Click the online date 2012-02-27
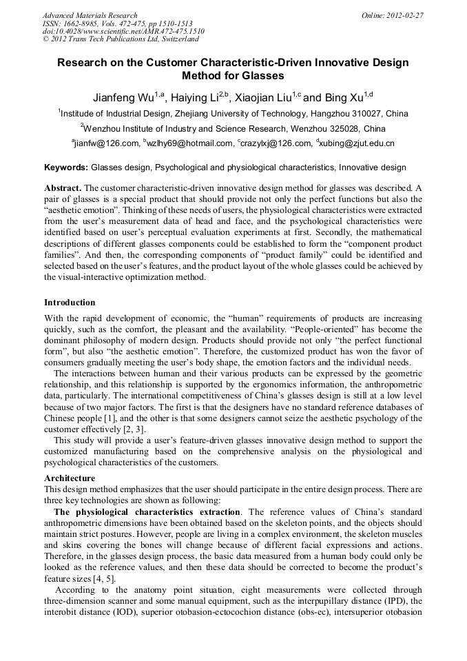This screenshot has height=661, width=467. coord(406,15)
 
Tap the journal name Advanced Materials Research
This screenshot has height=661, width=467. coord(90,15)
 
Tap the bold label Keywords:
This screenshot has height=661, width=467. coord(66,167)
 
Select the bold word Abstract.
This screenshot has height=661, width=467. coord(63,188)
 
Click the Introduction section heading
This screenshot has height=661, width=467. coord(70,303)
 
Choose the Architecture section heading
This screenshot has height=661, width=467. coord(70,478)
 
